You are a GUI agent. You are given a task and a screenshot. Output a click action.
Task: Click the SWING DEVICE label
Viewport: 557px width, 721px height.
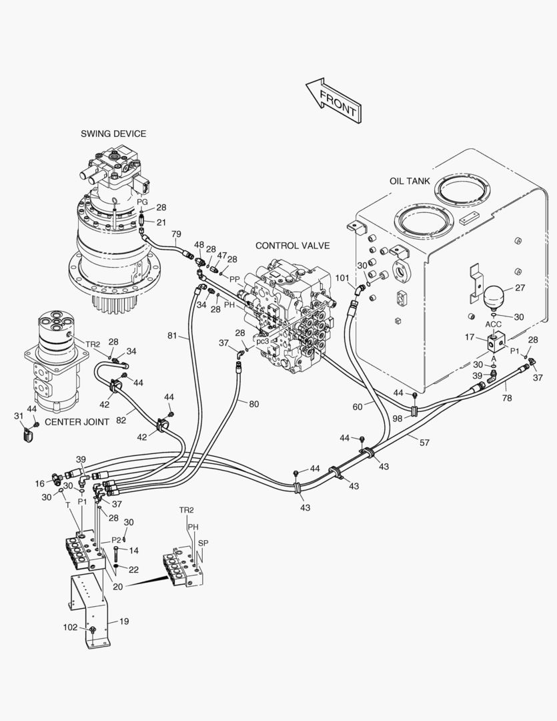[113, 134]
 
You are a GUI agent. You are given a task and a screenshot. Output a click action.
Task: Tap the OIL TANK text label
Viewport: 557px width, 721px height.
[410, 181]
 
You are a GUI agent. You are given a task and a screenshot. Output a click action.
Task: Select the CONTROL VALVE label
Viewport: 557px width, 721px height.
[292, 246]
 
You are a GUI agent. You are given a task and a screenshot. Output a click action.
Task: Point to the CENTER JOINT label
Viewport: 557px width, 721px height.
[77, 421]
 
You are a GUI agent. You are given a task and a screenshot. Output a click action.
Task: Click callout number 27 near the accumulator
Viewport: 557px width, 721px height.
[520, 288]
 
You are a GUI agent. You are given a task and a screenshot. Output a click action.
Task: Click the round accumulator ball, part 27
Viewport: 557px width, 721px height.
[495, 298]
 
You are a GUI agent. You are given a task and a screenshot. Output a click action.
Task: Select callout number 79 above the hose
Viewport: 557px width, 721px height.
[176, 234]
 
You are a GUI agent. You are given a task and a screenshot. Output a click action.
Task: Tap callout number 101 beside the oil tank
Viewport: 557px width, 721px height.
[343, 278]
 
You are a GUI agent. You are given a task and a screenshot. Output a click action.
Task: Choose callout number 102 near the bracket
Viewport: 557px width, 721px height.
[70, 627]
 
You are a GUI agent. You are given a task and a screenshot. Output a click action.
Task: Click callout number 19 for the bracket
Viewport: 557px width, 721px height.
[124, 621]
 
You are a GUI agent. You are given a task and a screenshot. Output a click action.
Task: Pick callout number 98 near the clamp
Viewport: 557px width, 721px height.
[398, 418]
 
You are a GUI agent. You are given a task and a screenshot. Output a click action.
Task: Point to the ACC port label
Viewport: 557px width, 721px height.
[493, 325]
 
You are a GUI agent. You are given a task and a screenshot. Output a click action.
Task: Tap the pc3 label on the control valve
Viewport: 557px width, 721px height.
[263, 341]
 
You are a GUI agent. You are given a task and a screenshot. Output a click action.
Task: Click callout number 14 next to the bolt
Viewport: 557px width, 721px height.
[134, 550]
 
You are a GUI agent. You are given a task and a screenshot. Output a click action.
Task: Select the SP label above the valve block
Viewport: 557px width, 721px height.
[203, 543]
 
